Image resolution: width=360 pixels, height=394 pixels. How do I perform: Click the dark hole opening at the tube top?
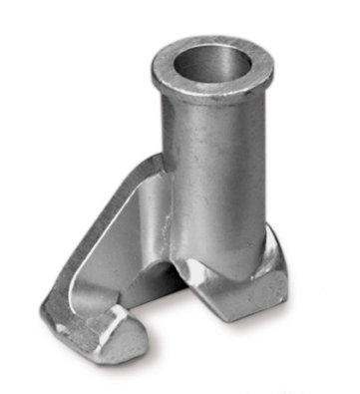pyautogui.click(x=212, y=62)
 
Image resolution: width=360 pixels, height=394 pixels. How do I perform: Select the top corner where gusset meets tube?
pyautogui.click(x=160, y=160)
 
